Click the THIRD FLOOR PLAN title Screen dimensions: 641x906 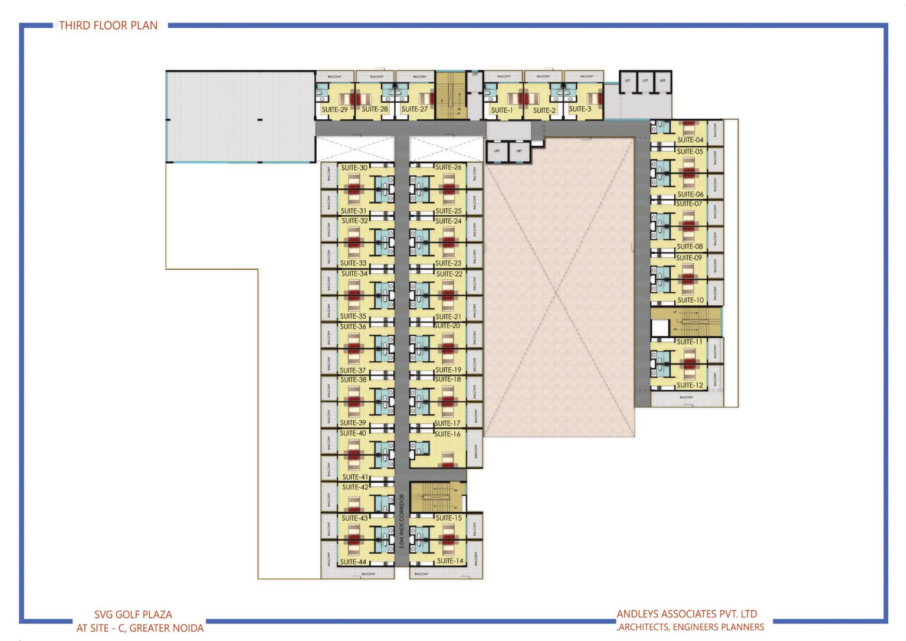pyautogui.click(x=109, y=25)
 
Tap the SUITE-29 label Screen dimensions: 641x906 pyautogui.click(x=334, y=110)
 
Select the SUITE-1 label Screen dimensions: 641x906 pyautogui.click(x=502, y=110)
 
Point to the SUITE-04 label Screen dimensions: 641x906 pyautogui.click(x=690, y=140)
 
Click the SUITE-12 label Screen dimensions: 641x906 pyautogui.click(x=690, y=385)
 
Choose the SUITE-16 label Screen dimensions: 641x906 pyautogui.click(x=448, y=434)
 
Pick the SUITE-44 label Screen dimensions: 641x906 pyautogui.click(x=353, y=562)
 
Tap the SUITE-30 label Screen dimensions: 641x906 pyautogui.click(x=354, y=168)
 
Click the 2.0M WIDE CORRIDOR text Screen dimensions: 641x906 pyautogui.click(x=402, y=522)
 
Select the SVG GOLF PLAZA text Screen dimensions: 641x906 pyautogui.click(x=133, y=614)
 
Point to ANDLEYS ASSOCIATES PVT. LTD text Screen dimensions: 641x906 pyautogui.click(x=687, y=614)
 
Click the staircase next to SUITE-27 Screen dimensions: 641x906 pyautogui.click(x=451, y=95)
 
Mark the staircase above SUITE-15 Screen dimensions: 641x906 pyautogui.click(x=438, y=498)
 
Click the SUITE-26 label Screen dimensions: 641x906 pyautogui.click(x=448, y=167)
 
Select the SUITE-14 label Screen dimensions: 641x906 pyautogui.click(x=450, y=561)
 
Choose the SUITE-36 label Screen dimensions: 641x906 pyautogui.click(x=353, y=326)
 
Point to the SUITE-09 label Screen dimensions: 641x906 pyautogui.click(x=689, y=258)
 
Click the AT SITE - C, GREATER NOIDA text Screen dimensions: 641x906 pyautogui.click(x=140, y=628)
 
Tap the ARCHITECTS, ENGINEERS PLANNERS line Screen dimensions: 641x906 pyautogui.click(x=691, y=627)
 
